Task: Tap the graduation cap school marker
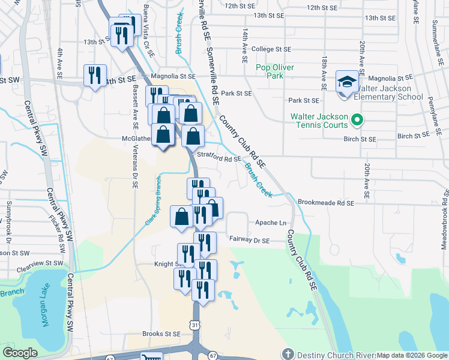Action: (x=346, y=83)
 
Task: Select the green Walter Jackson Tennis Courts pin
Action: (x=357, y=120)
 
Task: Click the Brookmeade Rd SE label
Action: (x=326, y=203)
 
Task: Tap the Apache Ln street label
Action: (x=270, y=222)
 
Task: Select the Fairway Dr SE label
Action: (x=249, y=239)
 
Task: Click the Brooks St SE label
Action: (x=161, y=334)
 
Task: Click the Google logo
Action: (x=20, y=353)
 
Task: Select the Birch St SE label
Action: (x=360, y=139)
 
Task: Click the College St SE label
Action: (x=271, y=49)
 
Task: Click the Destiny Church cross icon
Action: (x=288, y=355)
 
